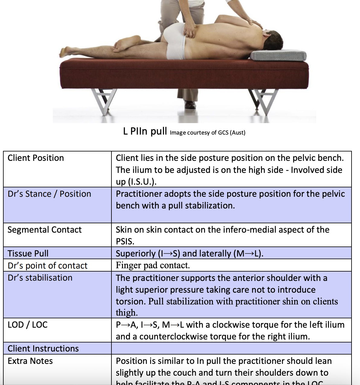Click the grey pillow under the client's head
(278, 56)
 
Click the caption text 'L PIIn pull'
(145, 131)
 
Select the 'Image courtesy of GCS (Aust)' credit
(207, 132)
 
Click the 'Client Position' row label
(36, 158)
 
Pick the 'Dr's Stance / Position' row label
(49, 194)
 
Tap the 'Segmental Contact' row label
(44, 230)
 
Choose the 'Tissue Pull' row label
(28, 253)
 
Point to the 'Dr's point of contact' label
(47, 266)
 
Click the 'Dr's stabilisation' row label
(40, 278)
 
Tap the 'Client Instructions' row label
(43, 348)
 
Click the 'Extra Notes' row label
(30, 361)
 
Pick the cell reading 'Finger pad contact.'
(153, 265)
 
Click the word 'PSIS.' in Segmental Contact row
(125, 241)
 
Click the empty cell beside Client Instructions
(231, 348)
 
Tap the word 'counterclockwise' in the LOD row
(173, 336)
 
